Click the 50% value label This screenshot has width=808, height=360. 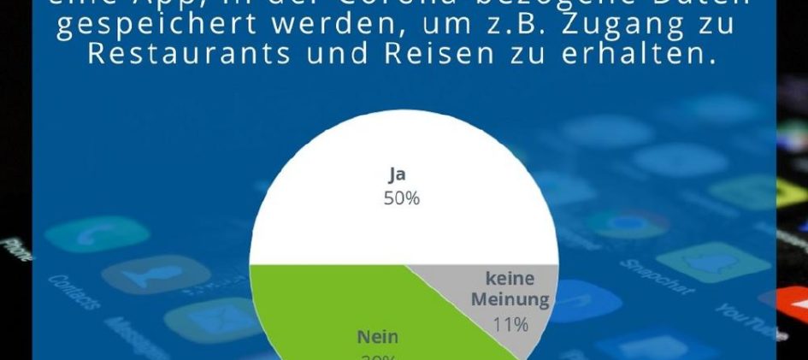click(401, 198)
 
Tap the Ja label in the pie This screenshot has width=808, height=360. click(397, 175)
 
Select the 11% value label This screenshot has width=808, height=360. click(510, 324)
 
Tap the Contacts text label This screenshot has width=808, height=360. click(74, 291)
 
